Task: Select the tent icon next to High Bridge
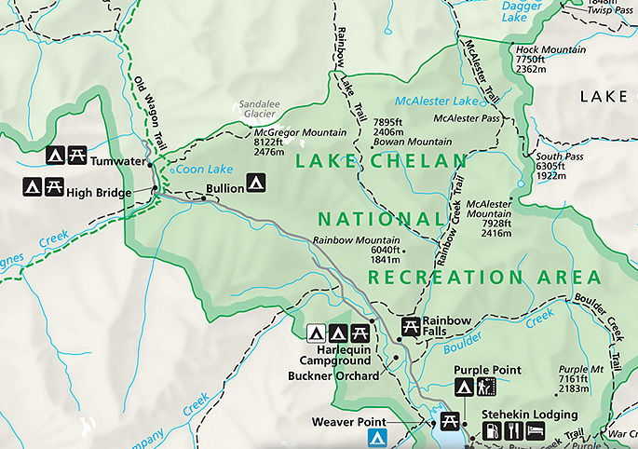[x=31, y=187]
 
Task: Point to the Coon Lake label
[x=206, y=170]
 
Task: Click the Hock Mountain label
[x=550, y=49]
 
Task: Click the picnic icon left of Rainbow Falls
[x=410, y=326]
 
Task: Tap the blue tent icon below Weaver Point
[x=376, y=436]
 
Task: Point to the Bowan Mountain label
[x=413, y=142]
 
